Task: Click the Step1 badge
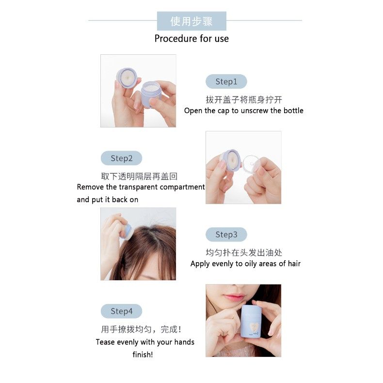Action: coord(226,81)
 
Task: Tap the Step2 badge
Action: coord(121,158)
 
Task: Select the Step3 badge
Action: coord(226,235)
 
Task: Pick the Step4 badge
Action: coord(121,311)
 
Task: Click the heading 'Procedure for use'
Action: coord(191,38)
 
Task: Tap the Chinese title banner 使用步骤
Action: coord(191,21)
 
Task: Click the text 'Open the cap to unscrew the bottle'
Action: coord(243,111)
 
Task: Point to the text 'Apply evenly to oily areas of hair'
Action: coord(245,264)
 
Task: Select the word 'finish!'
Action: coord(143,354)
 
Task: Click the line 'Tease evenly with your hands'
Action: coord(144,342)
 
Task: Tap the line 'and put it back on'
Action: coord(108,199)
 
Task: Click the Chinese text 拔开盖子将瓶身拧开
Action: coord(243,99)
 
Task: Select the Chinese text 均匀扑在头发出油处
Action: coord(243,253)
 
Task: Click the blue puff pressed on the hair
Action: coord(127,231)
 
